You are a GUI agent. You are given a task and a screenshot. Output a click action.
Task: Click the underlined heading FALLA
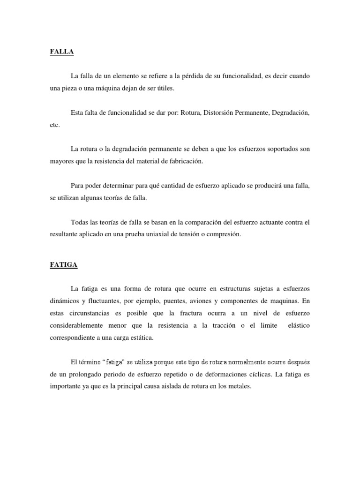click(62, 52)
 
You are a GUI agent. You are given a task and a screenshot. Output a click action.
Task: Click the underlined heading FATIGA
click(64, 265)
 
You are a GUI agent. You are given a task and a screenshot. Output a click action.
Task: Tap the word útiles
click(184, 88)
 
